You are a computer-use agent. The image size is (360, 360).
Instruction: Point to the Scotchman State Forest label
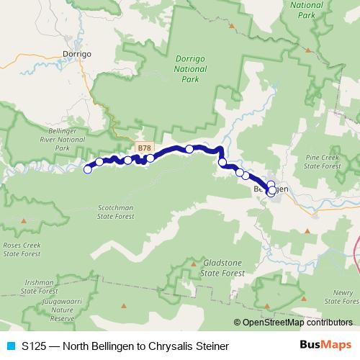pos(116,210)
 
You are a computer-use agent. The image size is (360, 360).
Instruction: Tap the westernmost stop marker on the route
pos(88,169)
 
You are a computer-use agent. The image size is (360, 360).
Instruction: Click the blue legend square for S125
pos(10,346)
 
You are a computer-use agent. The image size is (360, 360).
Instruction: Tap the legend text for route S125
pos(125,346)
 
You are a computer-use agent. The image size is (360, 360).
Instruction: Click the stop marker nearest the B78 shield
pos(150,158)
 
